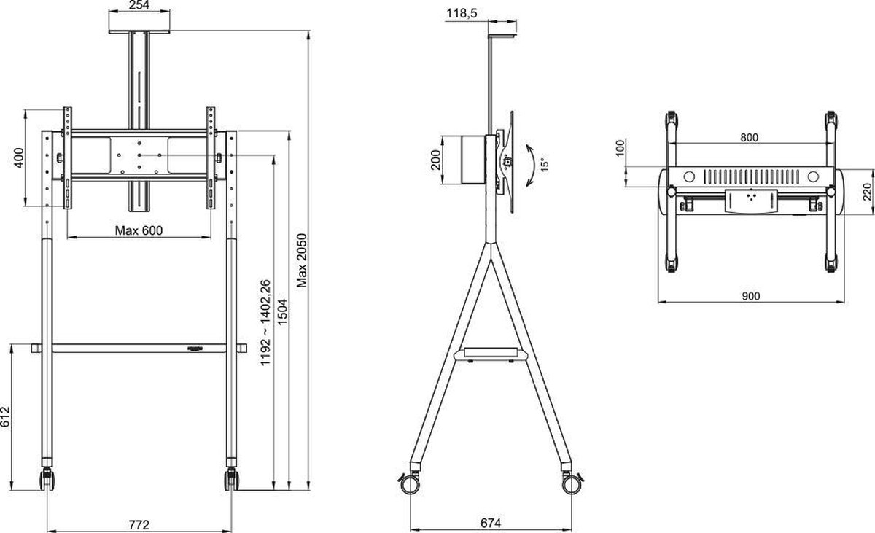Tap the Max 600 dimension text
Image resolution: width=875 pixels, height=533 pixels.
pyautogui.click(x=139, y=230)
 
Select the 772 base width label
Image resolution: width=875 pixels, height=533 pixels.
pyautogui.click(x=139, y=524)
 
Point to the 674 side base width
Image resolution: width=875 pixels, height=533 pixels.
pyautogui.click(x=490, y=524)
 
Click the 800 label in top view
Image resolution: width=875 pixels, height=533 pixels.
pyautogui.click(x=749, y=137)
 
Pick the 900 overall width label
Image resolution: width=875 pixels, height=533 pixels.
pyautogui.click(x=750, y=296)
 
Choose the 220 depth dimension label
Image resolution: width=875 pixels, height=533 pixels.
pyautogui.click(x=866, y=192)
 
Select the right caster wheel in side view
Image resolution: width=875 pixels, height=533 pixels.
pyautogui.click(x=570, y=481)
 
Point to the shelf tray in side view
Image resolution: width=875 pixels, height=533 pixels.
pyautogui.click(x=489, y=354)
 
